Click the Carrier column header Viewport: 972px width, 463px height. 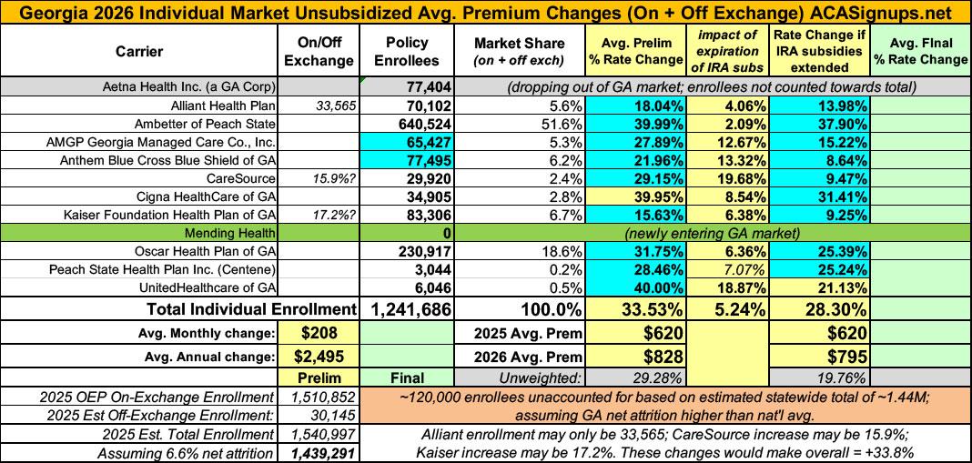pyautogui.click(x=140, y=52)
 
